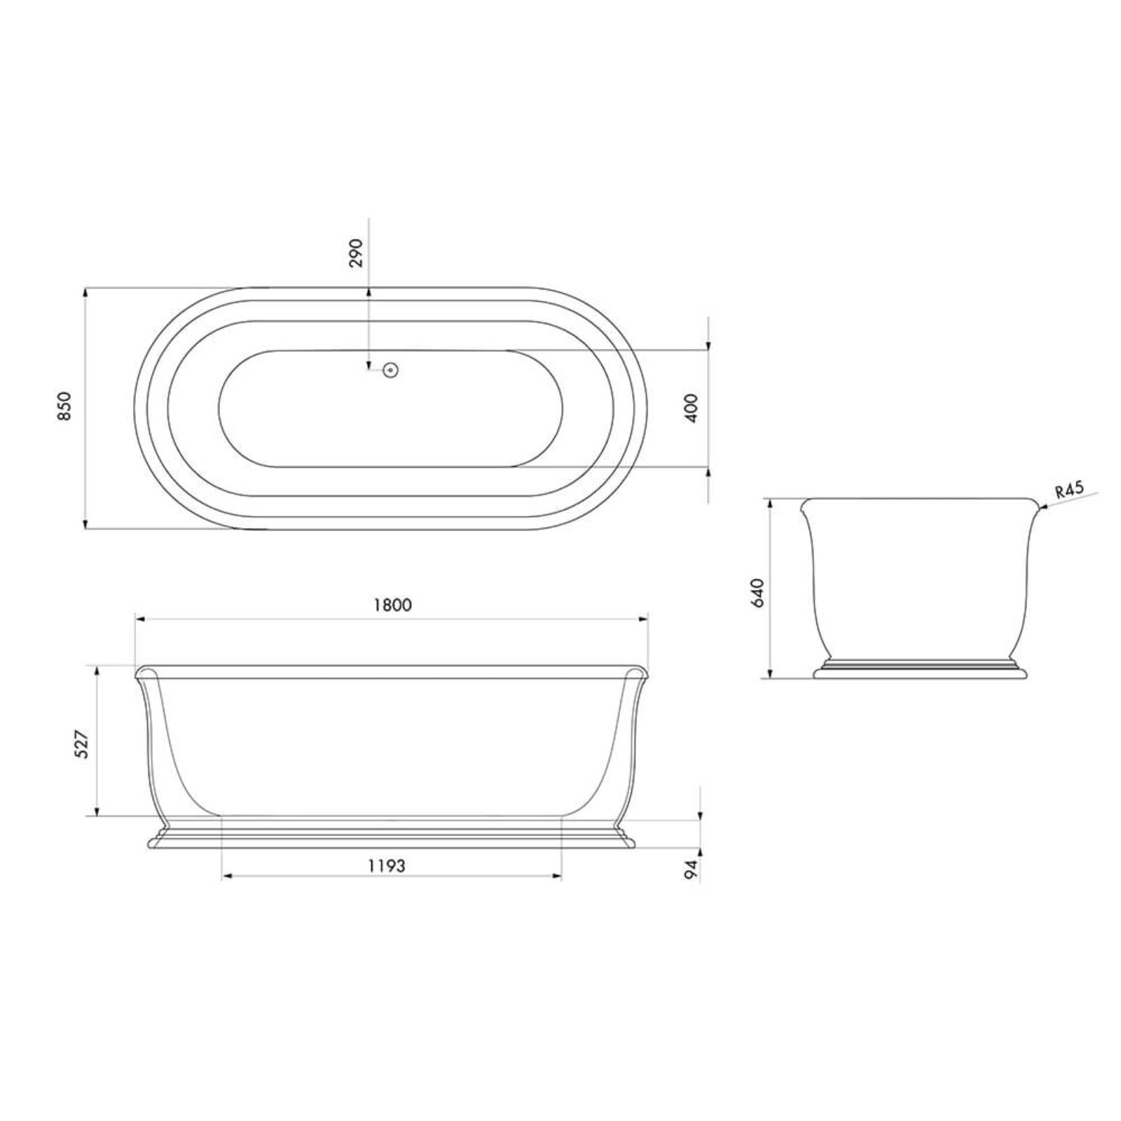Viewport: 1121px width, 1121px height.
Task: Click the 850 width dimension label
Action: pyautogui.click(x=64, y=406)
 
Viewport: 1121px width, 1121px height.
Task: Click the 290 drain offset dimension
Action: pyautogui.click(x=357, y=252)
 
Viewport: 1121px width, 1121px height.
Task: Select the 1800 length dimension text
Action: pyautogui.click(x=392, y=605)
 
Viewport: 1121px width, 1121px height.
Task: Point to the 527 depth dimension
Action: pyautogui.click(x=82, y=744)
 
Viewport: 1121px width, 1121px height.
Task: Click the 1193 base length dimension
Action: pyautogui.click(x=387, y=866)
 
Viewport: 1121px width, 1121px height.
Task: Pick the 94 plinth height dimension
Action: pyautogui.click(x=692, y=869)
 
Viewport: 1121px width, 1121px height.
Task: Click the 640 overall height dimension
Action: pyautogui.click(x=757, y=593)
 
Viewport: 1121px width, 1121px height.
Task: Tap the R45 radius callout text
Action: pyautogui.click(x=1069, y=488)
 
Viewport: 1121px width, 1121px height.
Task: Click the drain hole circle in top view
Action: pyautogui.click(x=391, y=370)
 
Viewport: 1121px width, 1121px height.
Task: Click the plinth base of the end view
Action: pyautogui.click(x=920, y=673)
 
